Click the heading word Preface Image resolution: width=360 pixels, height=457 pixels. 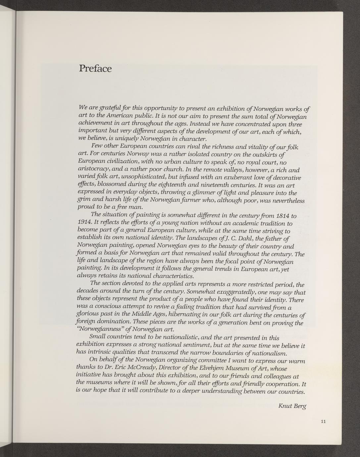click(95, 69)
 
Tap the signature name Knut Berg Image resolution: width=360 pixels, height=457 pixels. click(292, 406)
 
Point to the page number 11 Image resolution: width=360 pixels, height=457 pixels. click(324, 421)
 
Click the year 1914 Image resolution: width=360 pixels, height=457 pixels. click(83, 223)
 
